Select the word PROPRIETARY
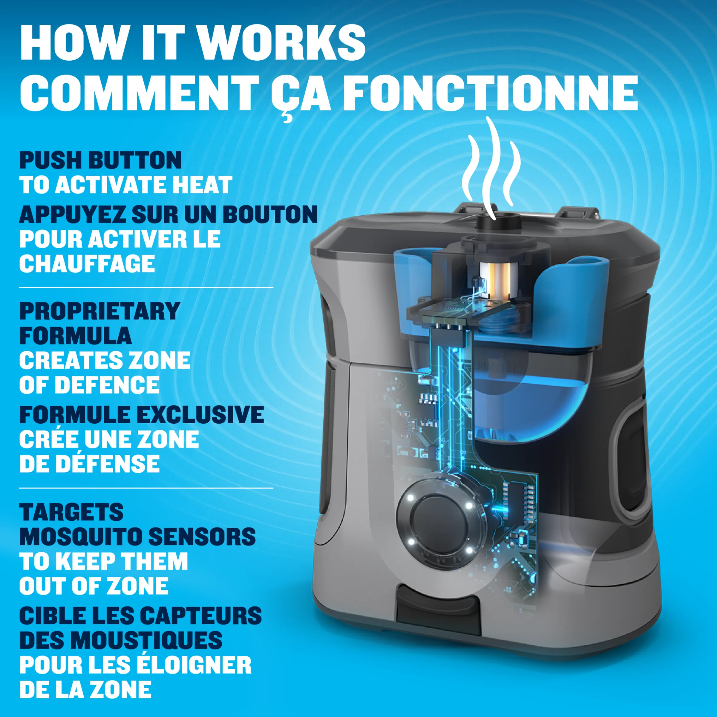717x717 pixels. pyautogui.click(x=99, y=311)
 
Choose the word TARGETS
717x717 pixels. pyautogui.click(x=71, y=512)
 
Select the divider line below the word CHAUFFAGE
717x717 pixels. pyautogui.click(x=146, y=287)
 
